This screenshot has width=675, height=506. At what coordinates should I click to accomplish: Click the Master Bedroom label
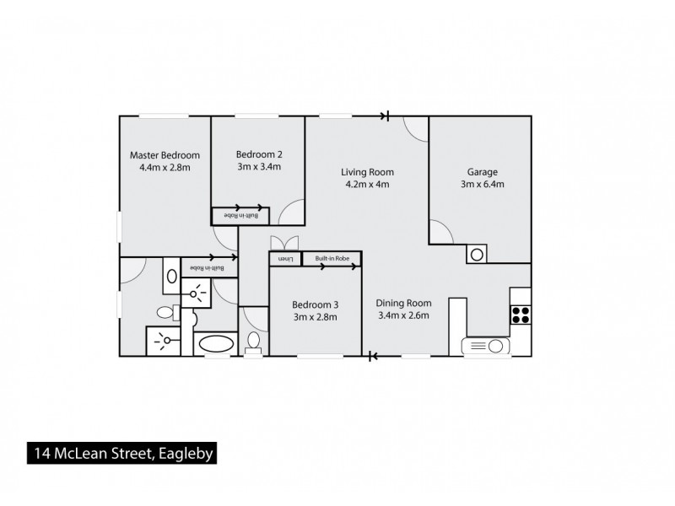tap(165, 154)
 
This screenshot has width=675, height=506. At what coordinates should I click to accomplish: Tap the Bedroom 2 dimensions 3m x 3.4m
tap(258, 167)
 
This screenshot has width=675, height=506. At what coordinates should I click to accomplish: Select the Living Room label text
tap(368, 172)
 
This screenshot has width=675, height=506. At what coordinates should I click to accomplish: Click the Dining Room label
tap(405, 304)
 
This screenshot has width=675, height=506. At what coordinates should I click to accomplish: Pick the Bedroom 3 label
tap(315, 304)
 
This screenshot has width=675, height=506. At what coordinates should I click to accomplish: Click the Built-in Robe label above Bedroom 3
tap(332, 259)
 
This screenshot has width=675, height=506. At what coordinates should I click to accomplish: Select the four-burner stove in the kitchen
tap(521, 315)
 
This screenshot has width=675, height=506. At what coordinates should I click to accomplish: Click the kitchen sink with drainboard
tap(484, 346)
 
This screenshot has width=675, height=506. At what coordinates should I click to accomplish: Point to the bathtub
tap(217, 345)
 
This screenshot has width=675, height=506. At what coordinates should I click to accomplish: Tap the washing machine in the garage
tap(476, 253)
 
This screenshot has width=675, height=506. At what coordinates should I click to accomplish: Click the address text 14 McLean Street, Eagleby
tap(123, 455)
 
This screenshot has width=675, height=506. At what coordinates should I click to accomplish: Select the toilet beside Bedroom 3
tap(253, 342)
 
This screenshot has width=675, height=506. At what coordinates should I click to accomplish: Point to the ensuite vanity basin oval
tap(170, 276)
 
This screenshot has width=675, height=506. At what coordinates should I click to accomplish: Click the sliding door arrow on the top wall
tap(386, 116)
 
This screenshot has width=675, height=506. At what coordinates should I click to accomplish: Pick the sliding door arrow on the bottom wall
tap(371, 357)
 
